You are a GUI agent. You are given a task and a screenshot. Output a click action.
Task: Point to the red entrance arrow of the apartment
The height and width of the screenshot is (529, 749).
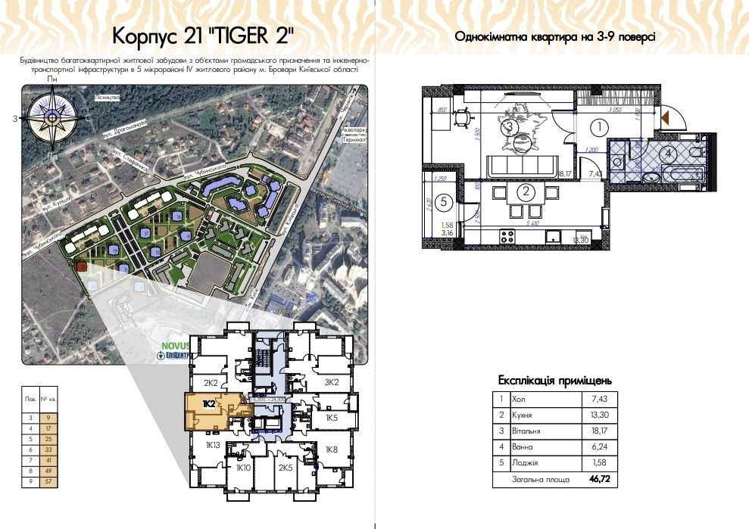click(666, 117)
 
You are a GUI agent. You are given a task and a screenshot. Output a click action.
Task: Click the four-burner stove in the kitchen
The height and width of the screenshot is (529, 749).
click(507, 236)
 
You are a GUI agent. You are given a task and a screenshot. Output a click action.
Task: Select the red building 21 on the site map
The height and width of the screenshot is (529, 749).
click(82, 266)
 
